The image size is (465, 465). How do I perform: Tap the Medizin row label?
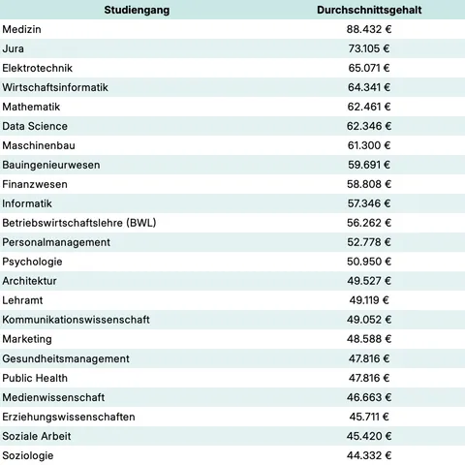(22, 29)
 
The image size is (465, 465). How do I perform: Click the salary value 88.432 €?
(368, 29)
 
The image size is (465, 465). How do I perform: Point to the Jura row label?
(14, 48)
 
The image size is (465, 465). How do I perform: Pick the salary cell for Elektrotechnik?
(368, 68)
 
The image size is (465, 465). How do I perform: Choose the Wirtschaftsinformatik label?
(55, 87)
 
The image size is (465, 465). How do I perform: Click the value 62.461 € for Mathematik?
(368, 107)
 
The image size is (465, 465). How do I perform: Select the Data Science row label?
(35, 126)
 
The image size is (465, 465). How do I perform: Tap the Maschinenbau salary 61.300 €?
(368, 145)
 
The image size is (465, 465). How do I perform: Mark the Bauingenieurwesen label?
(51, 165)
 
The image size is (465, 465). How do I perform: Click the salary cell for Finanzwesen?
(368, 184)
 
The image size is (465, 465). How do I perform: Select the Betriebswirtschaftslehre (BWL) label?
(79, 223)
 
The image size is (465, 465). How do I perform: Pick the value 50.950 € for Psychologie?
(368, 262)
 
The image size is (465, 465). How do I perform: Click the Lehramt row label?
(23, 300)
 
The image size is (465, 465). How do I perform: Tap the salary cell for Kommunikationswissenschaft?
(368, 320)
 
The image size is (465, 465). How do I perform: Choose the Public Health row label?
(36, 378)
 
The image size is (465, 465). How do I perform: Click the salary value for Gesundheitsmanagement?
(368, 358)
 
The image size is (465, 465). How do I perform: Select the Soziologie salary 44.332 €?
(368, 455)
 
